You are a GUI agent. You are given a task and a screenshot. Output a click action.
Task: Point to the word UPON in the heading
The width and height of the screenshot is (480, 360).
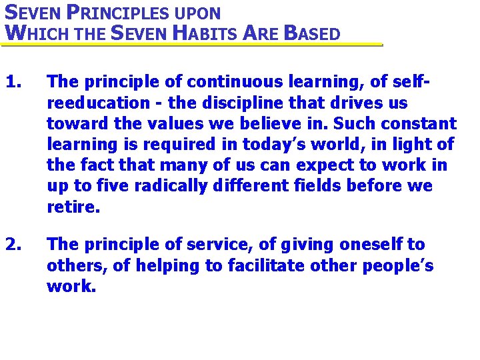(196, 13)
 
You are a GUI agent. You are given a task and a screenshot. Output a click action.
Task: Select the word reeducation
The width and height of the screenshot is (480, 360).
(99, 103)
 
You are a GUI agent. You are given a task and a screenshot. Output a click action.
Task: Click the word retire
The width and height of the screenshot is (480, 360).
(73, 207)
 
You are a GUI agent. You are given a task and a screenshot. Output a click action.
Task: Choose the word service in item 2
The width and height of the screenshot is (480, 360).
(194, 245)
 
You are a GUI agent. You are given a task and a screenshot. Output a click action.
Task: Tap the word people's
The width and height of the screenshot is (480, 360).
(398, 266)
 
